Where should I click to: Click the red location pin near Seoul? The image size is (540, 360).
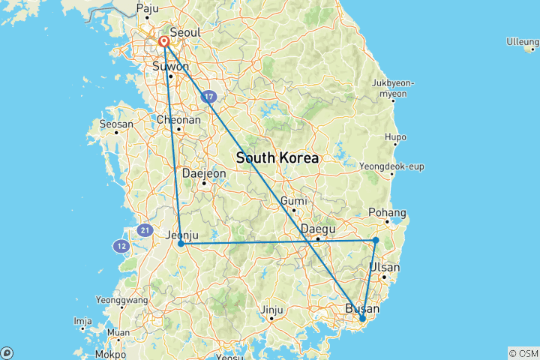[x=163, y=41]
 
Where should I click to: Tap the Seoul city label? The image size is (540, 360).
[x=184, y=33]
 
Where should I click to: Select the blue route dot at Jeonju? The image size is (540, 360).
[x=181, y=244]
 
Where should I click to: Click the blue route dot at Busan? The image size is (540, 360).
[x=362, y=319]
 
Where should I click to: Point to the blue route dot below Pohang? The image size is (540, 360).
[x=376, y=240]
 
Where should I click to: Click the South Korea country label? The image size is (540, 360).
[x=277, y=159]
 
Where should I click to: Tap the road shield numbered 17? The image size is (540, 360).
[x=208, y=97]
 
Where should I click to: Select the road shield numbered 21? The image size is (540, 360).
[x=145, y=230]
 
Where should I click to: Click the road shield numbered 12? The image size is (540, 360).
[x=121, y=245]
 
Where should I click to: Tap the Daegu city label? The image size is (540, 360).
[x=317, y=229]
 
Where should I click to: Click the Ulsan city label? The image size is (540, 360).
[x=385, y=268]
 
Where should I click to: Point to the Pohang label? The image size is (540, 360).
[x=388, y=212]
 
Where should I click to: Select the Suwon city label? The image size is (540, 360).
[x=170, y=66]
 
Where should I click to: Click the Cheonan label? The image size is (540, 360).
[x=178, y=119]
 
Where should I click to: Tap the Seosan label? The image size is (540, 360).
[x=116, y=124]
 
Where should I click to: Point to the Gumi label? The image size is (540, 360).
[x=294, y=201]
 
